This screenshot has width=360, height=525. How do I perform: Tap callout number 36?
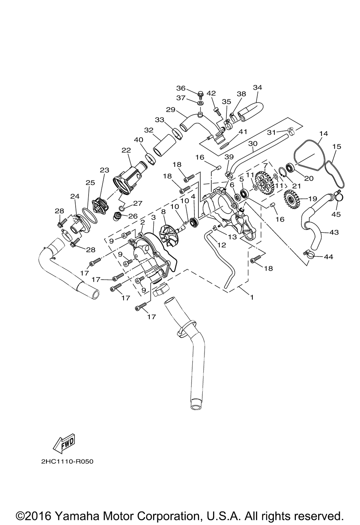pos(180,88)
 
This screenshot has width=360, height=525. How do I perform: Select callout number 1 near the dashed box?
pos(252,297)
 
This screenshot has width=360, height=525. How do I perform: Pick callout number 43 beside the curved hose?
pos(334,232)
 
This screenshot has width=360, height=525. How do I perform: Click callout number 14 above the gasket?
pos(323,134)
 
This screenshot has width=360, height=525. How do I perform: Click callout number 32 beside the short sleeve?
pos(149,130)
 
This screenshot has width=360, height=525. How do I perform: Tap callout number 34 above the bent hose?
pos(257,88)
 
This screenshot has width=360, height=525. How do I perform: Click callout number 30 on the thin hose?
pos(253,143)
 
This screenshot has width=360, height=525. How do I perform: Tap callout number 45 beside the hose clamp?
pos(336,214)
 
